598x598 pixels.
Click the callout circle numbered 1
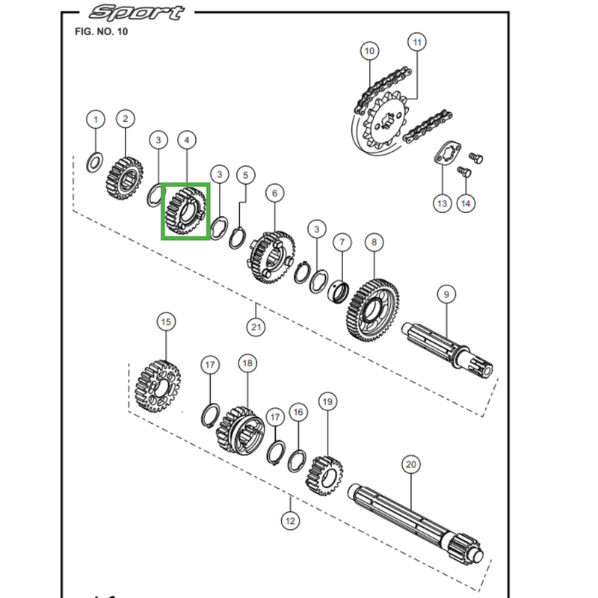click(x=95, y=119)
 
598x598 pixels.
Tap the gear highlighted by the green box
click(x=185, y=212)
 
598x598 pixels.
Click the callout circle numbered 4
click(x=186, y=140)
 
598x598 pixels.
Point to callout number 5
click(x=244, y=175)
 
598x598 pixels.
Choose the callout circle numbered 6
click(x=274, y=194)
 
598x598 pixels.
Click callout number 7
click(x=342, y=243)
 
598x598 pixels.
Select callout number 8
click(x=374, y=242)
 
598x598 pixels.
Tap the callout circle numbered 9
click(x=446, y=295)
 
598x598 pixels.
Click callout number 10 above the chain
click(x=369, y=51)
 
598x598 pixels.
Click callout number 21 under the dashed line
click(x=256, y=327)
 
